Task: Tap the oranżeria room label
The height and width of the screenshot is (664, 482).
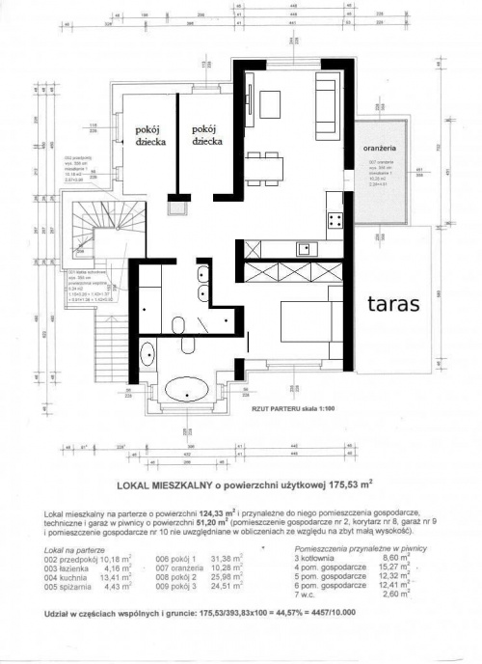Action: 381,149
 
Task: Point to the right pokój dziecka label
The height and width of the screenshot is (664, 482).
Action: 208,134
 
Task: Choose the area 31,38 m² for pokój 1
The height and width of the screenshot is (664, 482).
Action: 240,558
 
